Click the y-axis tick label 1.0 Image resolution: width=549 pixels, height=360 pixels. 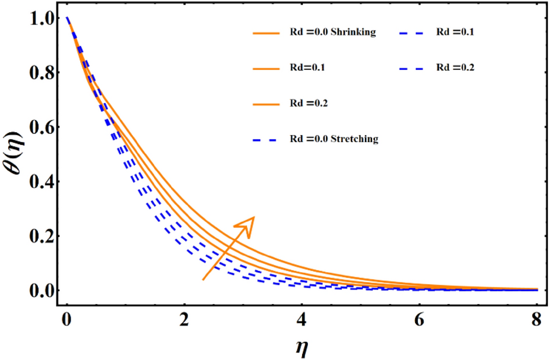tap(38, 19)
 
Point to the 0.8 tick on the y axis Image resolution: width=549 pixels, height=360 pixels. tap(38, 74)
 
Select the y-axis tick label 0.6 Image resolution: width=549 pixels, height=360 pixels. tap(38, 128)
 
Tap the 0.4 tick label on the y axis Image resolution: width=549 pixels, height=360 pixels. tap(38, 182)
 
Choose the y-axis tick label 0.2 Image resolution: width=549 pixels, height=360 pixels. tap(38, 237)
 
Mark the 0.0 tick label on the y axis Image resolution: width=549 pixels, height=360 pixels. tap(38, 291)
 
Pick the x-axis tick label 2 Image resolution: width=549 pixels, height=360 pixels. tap(184, 320)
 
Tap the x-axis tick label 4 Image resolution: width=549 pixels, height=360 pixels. tap(302, 320)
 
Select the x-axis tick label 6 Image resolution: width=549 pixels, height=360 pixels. tap(419, 320)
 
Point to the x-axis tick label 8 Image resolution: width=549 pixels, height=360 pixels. tap(536, 320)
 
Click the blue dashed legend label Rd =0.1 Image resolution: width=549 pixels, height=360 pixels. tap(455, 33)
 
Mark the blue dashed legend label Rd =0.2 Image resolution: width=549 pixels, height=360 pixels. tap(455, 68)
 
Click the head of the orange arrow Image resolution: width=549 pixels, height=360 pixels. tap(249, 222)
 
